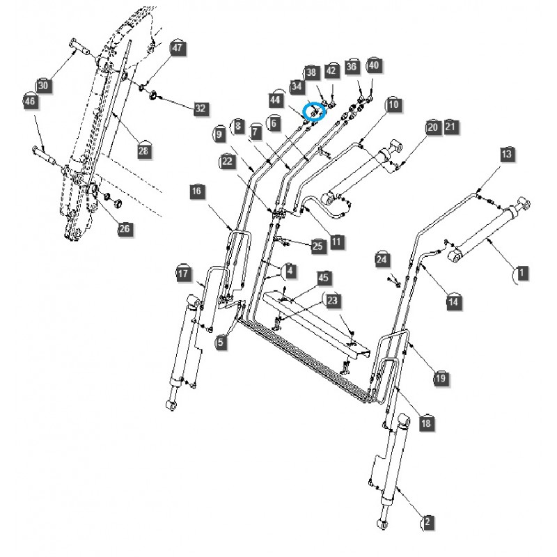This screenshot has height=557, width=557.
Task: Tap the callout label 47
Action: coord(177,48)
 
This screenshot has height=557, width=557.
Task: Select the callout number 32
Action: coord(201,108)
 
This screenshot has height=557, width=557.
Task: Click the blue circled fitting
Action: coord(315,111)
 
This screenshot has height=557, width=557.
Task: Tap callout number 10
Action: coord(394,105)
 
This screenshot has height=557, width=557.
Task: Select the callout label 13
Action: coord(506,154)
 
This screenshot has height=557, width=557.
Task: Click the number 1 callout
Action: coord(521,273)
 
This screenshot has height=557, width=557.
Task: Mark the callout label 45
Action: coord(323,278)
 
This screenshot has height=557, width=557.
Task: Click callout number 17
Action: coord(183,274)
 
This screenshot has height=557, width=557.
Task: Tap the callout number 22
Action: coord(227,161)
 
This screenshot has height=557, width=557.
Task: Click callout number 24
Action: coord(382,259)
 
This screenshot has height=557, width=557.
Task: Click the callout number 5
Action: coord(221,342)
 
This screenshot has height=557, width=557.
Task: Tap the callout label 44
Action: coord(276,100)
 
